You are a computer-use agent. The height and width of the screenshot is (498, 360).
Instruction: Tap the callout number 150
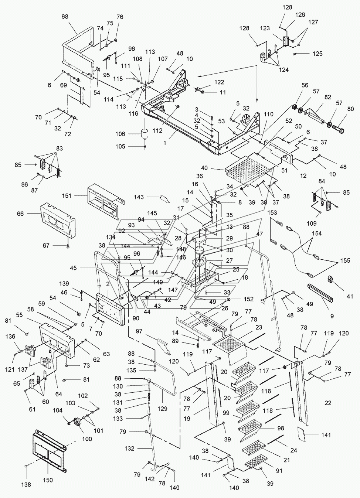48,480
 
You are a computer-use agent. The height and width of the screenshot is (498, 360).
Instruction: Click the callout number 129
162,409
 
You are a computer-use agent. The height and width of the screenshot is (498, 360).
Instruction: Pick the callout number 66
20,214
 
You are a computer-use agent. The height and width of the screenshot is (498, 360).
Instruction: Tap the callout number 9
332,316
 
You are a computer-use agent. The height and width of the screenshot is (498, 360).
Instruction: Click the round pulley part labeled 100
78,423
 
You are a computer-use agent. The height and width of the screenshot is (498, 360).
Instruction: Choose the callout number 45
74,268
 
